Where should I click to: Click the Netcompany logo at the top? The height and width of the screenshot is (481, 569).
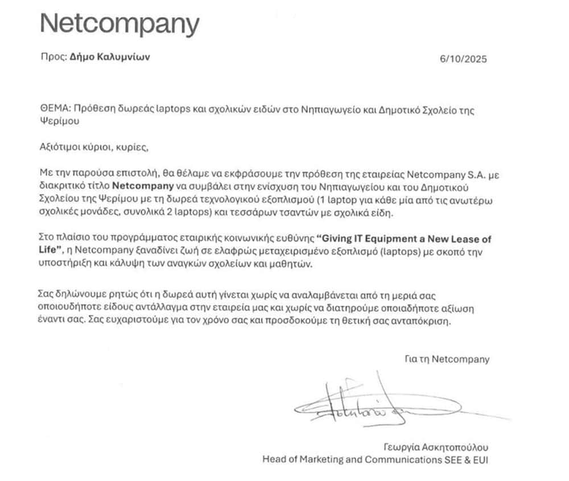[119, 23]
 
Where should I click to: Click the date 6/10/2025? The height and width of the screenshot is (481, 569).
[463, 59]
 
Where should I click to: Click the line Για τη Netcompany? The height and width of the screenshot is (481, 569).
[446, 360]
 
